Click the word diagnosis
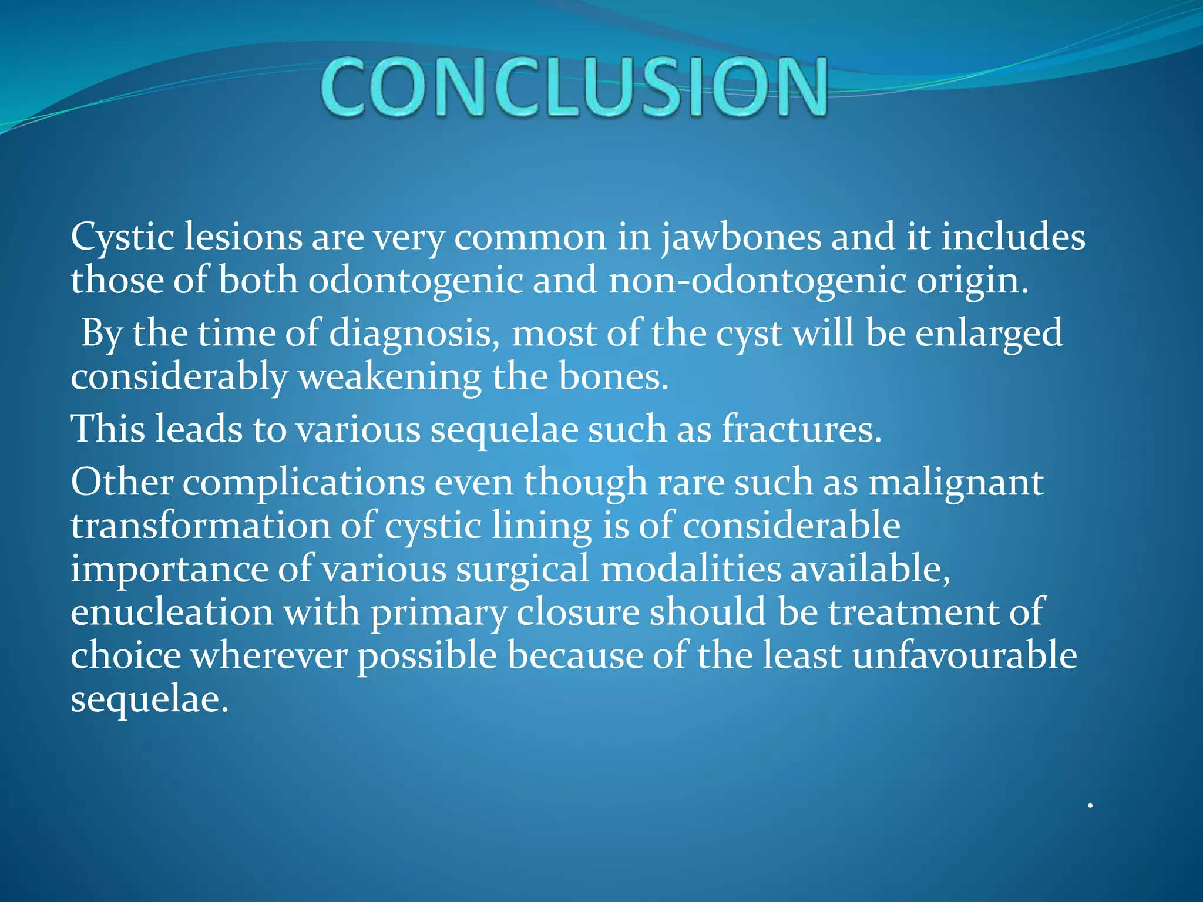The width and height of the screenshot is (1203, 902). tap(414, 334)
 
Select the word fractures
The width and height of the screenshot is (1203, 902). tap(801, 429)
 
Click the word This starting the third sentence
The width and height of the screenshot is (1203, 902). tap(107, 429)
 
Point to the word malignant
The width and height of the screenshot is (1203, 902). tap(956, 483)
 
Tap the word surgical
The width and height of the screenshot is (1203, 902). tap(522, 569)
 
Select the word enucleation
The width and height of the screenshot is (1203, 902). tap(172, 612)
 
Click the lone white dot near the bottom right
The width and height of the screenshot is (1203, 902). tap(1090, 806)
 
